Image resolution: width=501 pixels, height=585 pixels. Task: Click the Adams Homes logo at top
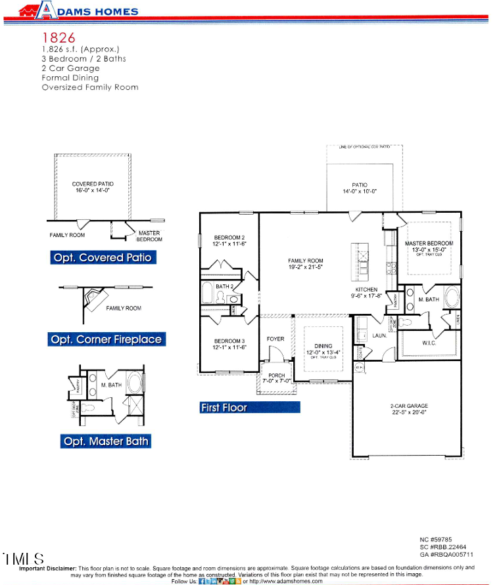pyautogui.click(x=79, y=11)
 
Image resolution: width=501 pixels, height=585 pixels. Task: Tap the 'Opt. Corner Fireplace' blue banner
pyautogui.click(x=106, y=339)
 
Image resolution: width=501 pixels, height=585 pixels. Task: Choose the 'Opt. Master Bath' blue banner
pyautogui.click(x=106, y=441)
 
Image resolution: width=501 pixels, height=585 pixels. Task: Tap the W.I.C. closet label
pyautogui.click(x=429, y=343)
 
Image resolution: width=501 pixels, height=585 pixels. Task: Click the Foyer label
pyautogui.click(x=275, y=339)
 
